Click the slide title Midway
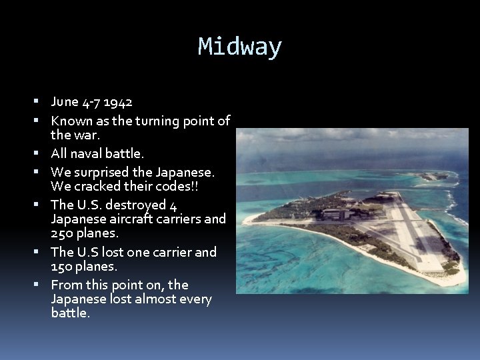[240, 47]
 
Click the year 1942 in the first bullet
[118, 102]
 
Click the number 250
[63, 233]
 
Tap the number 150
[63, 266]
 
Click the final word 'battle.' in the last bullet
[70, 313]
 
